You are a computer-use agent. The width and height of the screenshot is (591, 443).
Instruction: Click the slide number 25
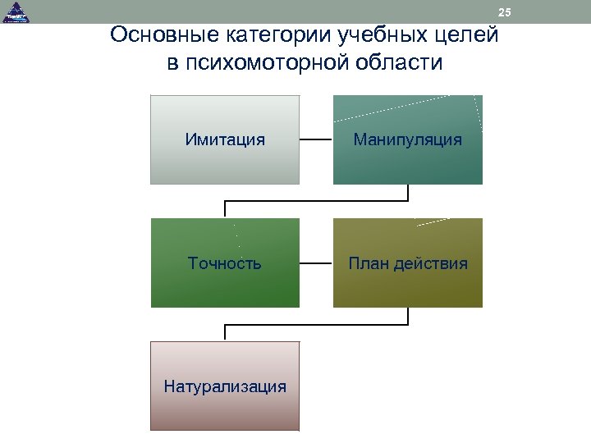(x=504, y=12)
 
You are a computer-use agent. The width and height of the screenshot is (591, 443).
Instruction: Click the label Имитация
(x=225, y=139)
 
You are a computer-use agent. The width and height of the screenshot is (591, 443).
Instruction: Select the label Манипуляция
(x=407, y=139)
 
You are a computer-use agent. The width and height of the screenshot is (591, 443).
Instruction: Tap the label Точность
(x=225, y=263)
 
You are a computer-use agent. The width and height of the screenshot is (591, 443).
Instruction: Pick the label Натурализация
(x=225, y=386)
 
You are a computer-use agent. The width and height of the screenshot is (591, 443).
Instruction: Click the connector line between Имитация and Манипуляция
(x=316, y=139)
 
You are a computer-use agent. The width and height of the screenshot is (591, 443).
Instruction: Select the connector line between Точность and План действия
(x=316, y=263)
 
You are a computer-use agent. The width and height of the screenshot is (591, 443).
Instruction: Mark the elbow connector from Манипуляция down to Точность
(x=316, y=201)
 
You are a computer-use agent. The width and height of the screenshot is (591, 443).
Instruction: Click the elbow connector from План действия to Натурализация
(x=316, y=325)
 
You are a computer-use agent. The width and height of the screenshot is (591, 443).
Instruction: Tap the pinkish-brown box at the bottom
(x=225, y=410)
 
